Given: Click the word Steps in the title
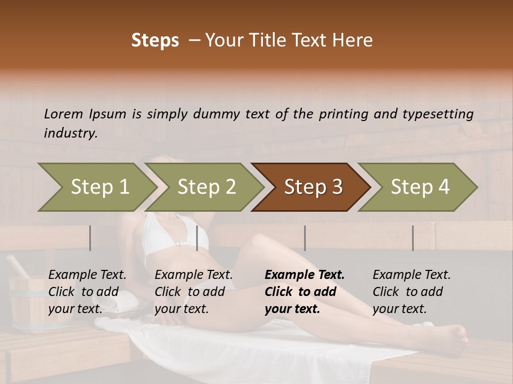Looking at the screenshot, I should click(155, 41).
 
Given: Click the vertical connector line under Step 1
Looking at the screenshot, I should click(90, 238).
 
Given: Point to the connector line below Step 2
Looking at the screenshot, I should click(197, 238).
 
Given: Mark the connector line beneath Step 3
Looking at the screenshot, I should click(305, 238).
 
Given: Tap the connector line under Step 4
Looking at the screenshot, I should click(413, 238).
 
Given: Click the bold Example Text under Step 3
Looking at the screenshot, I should click(305, 275).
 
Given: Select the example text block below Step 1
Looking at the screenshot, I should click(87, 292).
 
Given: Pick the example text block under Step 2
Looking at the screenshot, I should click(193, 292).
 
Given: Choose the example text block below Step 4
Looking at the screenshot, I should click(411, 292).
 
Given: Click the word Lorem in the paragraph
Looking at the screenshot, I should click(64, 114).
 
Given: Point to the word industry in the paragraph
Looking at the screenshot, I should click(71, 133).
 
